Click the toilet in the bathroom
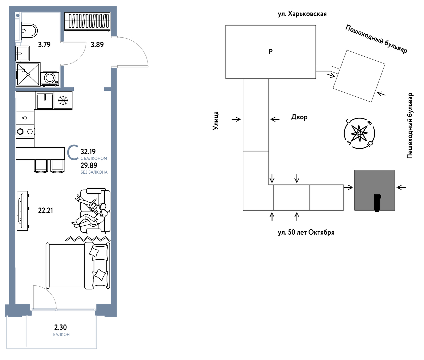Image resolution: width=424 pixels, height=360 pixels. click(29, 31)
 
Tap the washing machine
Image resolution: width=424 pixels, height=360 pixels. click(50, 79)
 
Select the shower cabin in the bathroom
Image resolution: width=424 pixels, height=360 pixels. click(28, 74)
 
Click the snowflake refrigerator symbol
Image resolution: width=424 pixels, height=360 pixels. click(63, 100)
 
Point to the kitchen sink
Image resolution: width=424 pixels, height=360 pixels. click(45, 100)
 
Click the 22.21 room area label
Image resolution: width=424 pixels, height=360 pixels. click(46, 210)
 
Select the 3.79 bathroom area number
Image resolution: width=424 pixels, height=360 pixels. click(44, 44)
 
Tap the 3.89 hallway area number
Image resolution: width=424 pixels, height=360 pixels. click(97, 44)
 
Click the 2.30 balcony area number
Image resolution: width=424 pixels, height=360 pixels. click(60, 327)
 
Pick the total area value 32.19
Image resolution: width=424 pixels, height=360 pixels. click(88, 152)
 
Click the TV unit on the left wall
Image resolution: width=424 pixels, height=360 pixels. click(22, 211)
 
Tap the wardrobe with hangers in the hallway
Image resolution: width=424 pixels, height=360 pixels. click(88, 22)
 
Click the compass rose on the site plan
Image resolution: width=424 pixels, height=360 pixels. click(359, 133)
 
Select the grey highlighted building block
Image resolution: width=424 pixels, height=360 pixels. click(375, 190)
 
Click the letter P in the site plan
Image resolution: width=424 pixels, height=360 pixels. click(271, 51)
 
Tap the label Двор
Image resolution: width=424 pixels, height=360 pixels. click(299, 117)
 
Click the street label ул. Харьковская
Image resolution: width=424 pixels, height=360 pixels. click(302, 14)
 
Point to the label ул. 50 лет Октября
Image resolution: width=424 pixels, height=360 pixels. click(306, 232)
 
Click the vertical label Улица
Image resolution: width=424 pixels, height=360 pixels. click(216, 121)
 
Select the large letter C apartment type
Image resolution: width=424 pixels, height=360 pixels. click(73, 152)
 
